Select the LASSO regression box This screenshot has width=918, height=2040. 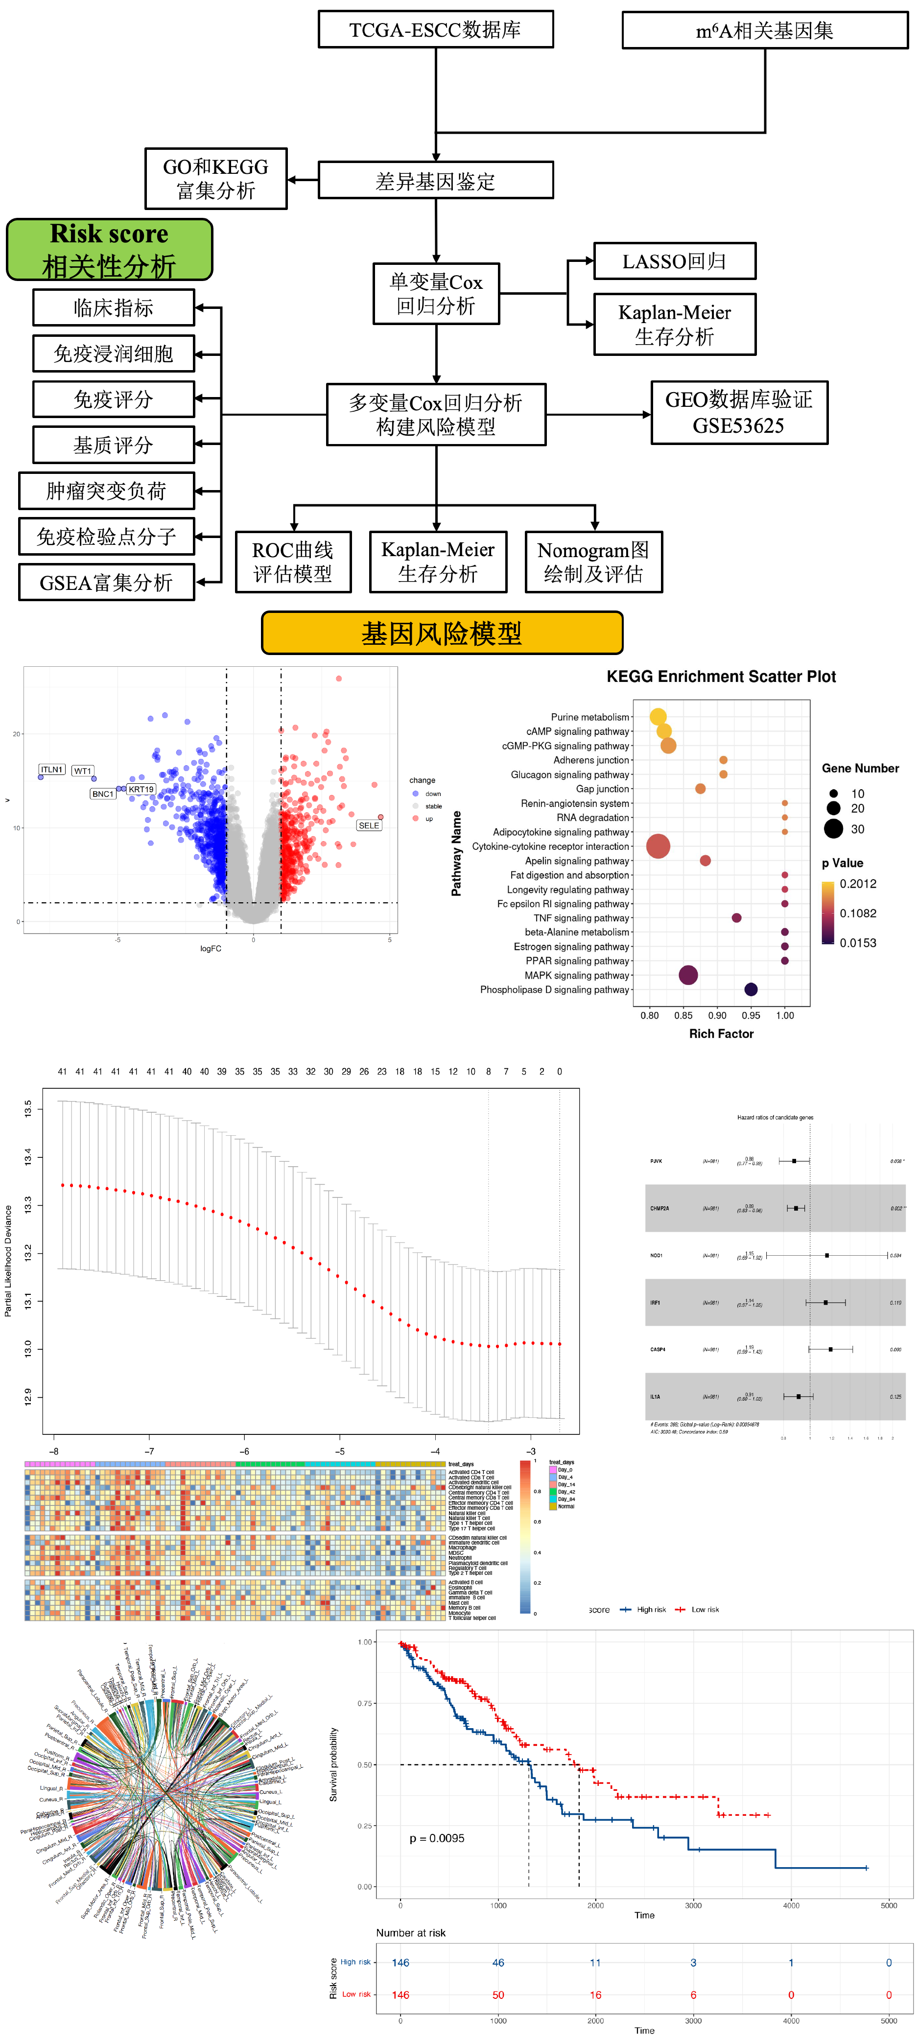(674, 261)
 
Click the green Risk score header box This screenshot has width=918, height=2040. (109, 250)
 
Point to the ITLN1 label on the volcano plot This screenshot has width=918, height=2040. (51, 770)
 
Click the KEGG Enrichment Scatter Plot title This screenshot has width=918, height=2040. (721, 676)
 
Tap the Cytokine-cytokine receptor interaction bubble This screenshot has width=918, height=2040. (658, 846)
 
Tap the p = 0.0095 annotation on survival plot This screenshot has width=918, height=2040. (436, 1838)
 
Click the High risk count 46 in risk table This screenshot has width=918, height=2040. (498, 1962)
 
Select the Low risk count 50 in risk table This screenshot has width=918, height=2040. (498, 1995)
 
